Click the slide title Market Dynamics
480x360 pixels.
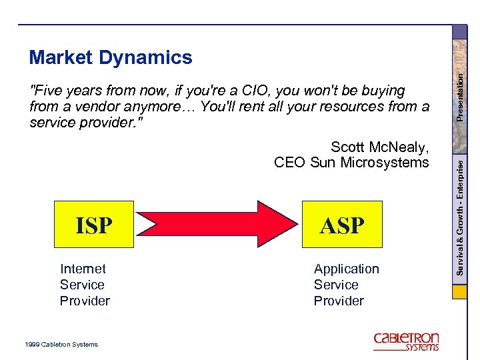pos(111,58)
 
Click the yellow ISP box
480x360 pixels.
pos(94,225)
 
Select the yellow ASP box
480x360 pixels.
pos(342,225)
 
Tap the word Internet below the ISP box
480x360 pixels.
pos(83,269)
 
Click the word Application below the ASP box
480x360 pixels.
pos(346,269)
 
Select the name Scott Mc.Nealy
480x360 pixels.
pos(379,147)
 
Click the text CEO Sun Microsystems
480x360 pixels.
pos(351,163)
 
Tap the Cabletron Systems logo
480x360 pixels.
pos(406,341)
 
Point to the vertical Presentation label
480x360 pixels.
pos(459,96)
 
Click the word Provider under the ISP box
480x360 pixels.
pos(85,301)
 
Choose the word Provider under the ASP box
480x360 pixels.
pos(339,301)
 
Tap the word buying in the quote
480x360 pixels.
pos(383,91)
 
